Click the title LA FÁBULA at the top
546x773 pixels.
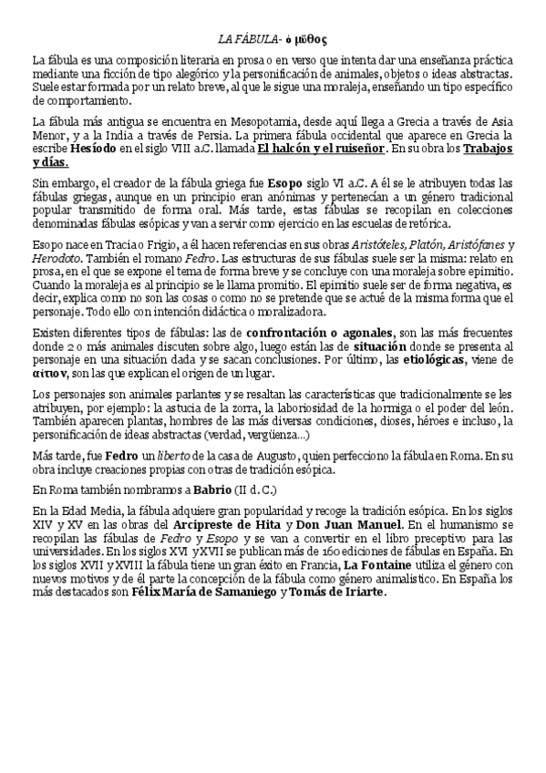pos(246,39)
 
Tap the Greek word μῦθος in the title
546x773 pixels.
pos(309,39)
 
